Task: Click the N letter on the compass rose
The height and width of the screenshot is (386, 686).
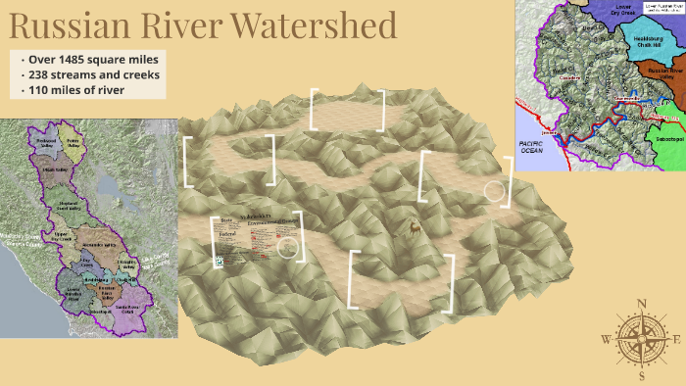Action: (x=641, y=304)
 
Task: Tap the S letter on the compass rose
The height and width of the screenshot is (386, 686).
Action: (x=641, y=374)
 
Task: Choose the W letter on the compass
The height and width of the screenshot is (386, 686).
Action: (x=607, y=339)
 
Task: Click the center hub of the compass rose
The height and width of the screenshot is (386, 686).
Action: (x=641, y=339)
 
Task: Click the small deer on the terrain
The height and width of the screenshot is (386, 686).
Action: (x=416, y=228)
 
